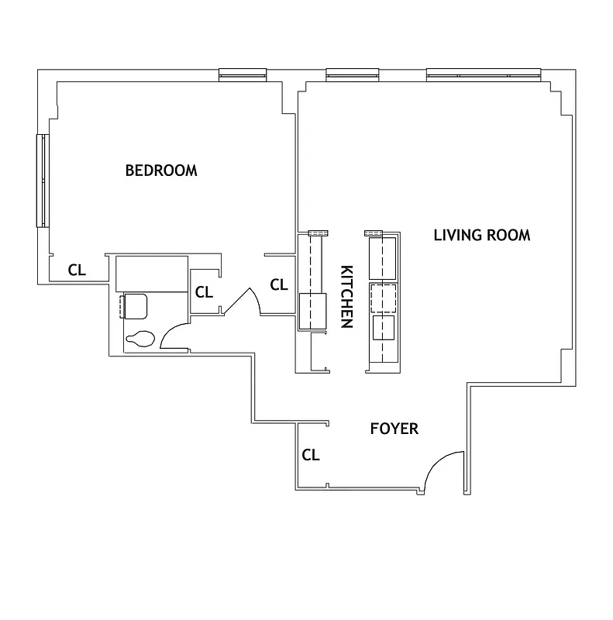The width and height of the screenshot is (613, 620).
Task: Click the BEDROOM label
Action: click(x=161, y=170)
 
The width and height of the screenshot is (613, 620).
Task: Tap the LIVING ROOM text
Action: click(x=481, y=235)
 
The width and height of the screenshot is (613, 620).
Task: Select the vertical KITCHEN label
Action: click(x=346, y=297)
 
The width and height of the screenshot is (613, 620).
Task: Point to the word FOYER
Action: click(x=394, y=429)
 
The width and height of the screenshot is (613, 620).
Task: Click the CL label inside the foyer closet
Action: click(x=310, y=455)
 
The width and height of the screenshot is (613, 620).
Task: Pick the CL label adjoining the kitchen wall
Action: click(x=279, y=284)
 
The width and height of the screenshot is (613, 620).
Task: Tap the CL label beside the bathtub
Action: click(x=204, y=292)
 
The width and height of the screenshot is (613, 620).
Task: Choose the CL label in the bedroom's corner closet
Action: click(x=77, y=270)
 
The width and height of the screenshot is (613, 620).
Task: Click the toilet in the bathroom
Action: click(x=140, y=338)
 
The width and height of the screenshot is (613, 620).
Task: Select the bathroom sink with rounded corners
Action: click(x=135, y=305)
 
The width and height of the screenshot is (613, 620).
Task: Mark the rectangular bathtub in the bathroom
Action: click(x=152, y=272)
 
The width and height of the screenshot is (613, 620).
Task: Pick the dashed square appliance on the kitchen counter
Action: click(x=384, y=298)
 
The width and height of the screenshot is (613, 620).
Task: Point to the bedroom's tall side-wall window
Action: click(x=42, y=181)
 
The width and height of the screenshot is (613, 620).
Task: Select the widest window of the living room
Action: click(x=483, y=74)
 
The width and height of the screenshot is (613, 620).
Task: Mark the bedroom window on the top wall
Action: click(x=243, y=74)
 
